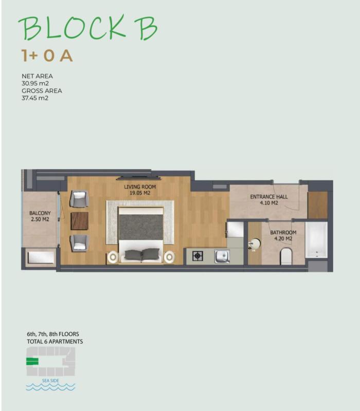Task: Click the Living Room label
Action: point(140,190)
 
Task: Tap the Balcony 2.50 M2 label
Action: point(40,216)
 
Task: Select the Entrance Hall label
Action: point(268,199)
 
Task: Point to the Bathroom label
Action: point(283,235)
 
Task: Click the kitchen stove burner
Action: point(197,256)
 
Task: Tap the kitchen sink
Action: point(222,256)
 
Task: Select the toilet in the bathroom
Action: point(286,256)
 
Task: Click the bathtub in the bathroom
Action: point(316,240)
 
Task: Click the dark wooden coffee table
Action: point(80,221)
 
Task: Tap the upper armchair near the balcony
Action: point(79,199)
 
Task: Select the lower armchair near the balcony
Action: point(79,243)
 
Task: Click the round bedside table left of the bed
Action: point(113,257)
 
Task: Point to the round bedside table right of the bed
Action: point(170,257)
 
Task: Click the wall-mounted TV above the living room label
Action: point(139,178)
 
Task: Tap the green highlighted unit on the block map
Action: point(32,362)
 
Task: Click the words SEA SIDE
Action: point(50,381)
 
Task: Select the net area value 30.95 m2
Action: point(35,83)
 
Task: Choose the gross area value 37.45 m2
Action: point(35,98)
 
